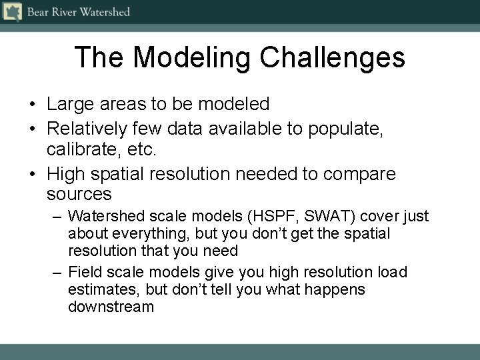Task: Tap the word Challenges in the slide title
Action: [x=333, y=57]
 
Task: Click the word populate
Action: [x=345, y=128]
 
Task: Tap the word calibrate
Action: [x=79, y=151]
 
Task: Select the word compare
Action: [x=359, y=174]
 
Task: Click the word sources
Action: [x=79, y=195]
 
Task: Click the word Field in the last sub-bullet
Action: [x=83, y=272]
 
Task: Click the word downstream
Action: [x=111, y=307]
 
